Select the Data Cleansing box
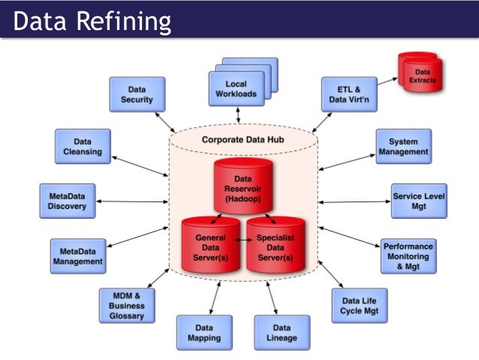[x=83, y=146]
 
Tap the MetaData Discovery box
[x=67, y=201]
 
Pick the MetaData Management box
[x=77, y=256]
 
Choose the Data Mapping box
[x=203, y=333]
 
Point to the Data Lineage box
[x=282, y=333]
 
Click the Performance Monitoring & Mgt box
[x=408, y=256]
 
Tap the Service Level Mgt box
[x=419, y=201]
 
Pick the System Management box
[x=403, y=146]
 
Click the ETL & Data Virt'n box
[x=349, y=94]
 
